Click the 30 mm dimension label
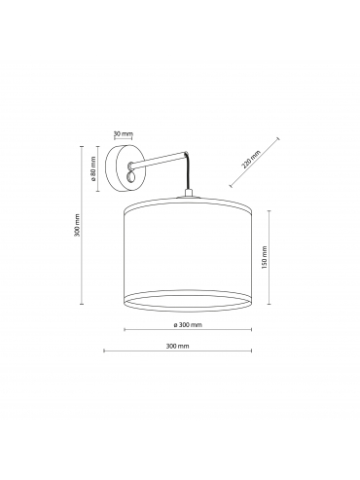124,133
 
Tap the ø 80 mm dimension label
93,168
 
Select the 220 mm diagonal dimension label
251,160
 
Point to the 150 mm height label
264,257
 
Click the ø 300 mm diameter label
188,325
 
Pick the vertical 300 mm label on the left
77,225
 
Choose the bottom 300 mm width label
177,346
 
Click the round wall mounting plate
125,167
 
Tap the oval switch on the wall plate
130,177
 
